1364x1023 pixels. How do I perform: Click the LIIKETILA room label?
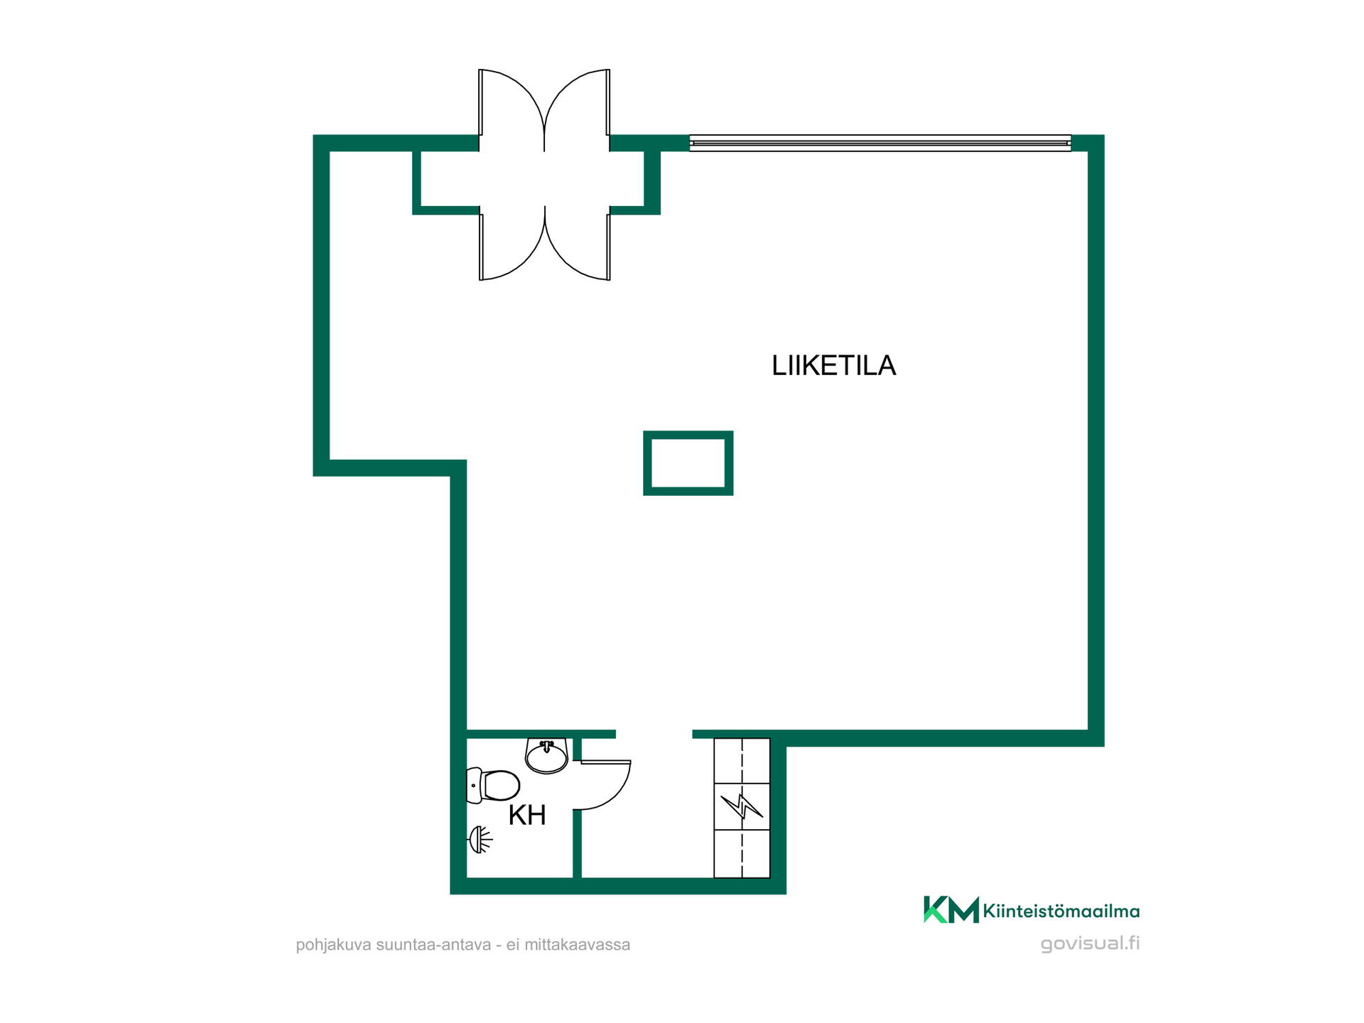click(x=833, y=365)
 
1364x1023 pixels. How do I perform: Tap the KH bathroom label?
click(x=527, y=816)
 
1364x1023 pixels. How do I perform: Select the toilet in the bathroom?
click(x=493, y=786)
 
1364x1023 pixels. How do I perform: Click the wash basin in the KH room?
click(x=546, y=756)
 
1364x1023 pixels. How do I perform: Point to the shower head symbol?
click(x=480, y=840)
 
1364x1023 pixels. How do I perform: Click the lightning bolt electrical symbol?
click(x=742, y=806)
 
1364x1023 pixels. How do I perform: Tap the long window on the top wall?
click(x=880, y=143)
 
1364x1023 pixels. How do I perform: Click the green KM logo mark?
click(x=951, y=909)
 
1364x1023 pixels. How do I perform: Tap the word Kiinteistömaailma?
click(x=1061, y=911)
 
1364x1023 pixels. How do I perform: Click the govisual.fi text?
click(x=1090, y=943)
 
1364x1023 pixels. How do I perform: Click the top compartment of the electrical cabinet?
click(x=742, y=761)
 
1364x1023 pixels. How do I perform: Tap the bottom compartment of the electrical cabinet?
click(x=742, y=854)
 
